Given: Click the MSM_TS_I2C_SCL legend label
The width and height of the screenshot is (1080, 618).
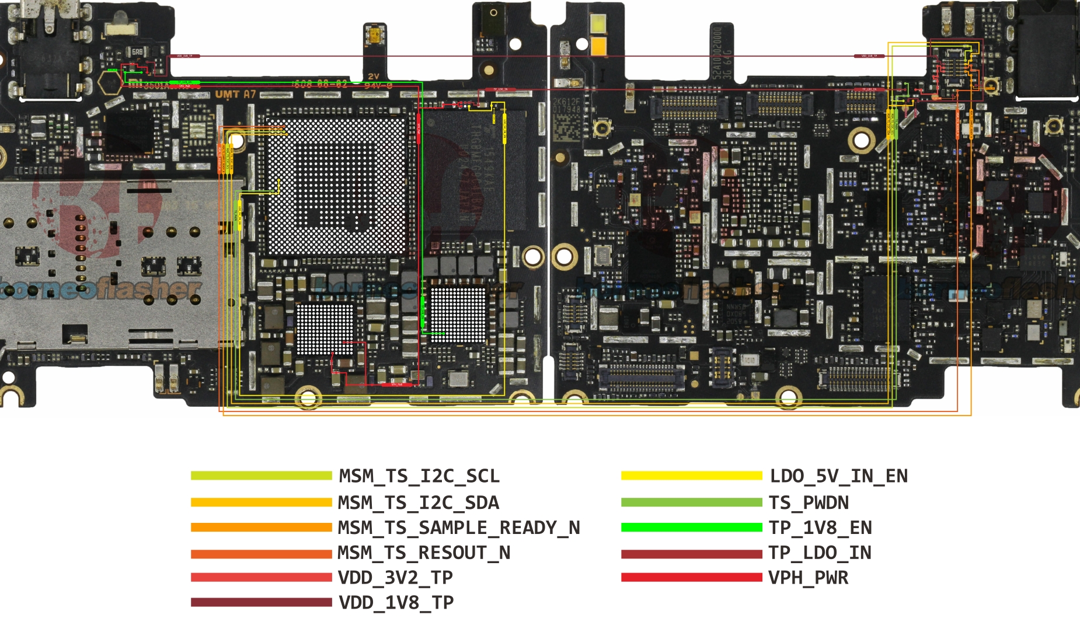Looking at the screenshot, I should (419, 476).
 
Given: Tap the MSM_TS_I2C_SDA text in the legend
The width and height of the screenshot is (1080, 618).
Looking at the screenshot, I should (419, 502).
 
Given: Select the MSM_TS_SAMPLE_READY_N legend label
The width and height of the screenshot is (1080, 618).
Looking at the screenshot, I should (459, 528).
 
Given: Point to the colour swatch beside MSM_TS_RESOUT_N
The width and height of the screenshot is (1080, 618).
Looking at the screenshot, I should (261, 553).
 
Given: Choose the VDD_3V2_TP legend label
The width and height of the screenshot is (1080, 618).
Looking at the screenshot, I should (395, 578).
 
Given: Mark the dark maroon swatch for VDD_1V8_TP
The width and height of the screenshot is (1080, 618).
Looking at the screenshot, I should (261, 602).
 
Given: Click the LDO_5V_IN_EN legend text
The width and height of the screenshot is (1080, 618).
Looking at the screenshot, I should (838, 476).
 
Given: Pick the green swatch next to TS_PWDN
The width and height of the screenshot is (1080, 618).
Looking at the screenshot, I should (691, 502).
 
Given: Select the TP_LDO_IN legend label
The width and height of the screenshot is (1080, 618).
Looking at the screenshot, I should (820, 553).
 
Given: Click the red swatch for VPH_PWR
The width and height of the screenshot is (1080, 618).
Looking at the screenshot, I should (691, 578).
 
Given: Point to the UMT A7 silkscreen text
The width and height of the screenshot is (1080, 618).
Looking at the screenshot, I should (235, 94).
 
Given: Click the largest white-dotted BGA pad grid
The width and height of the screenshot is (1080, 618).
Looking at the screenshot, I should (335, 187).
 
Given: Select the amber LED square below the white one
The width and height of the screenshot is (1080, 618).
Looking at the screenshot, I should (599, 46).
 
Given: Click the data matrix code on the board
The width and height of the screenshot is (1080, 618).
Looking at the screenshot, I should (565, 128).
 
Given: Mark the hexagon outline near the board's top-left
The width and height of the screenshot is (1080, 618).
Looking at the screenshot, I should (110, 83).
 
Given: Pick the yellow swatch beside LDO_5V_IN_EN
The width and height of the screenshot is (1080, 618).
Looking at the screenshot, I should (691, 476).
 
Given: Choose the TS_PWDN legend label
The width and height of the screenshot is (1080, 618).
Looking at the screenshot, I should (809, 502).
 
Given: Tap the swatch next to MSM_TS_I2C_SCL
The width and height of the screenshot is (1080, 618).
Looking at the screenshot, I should (261, 476).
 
